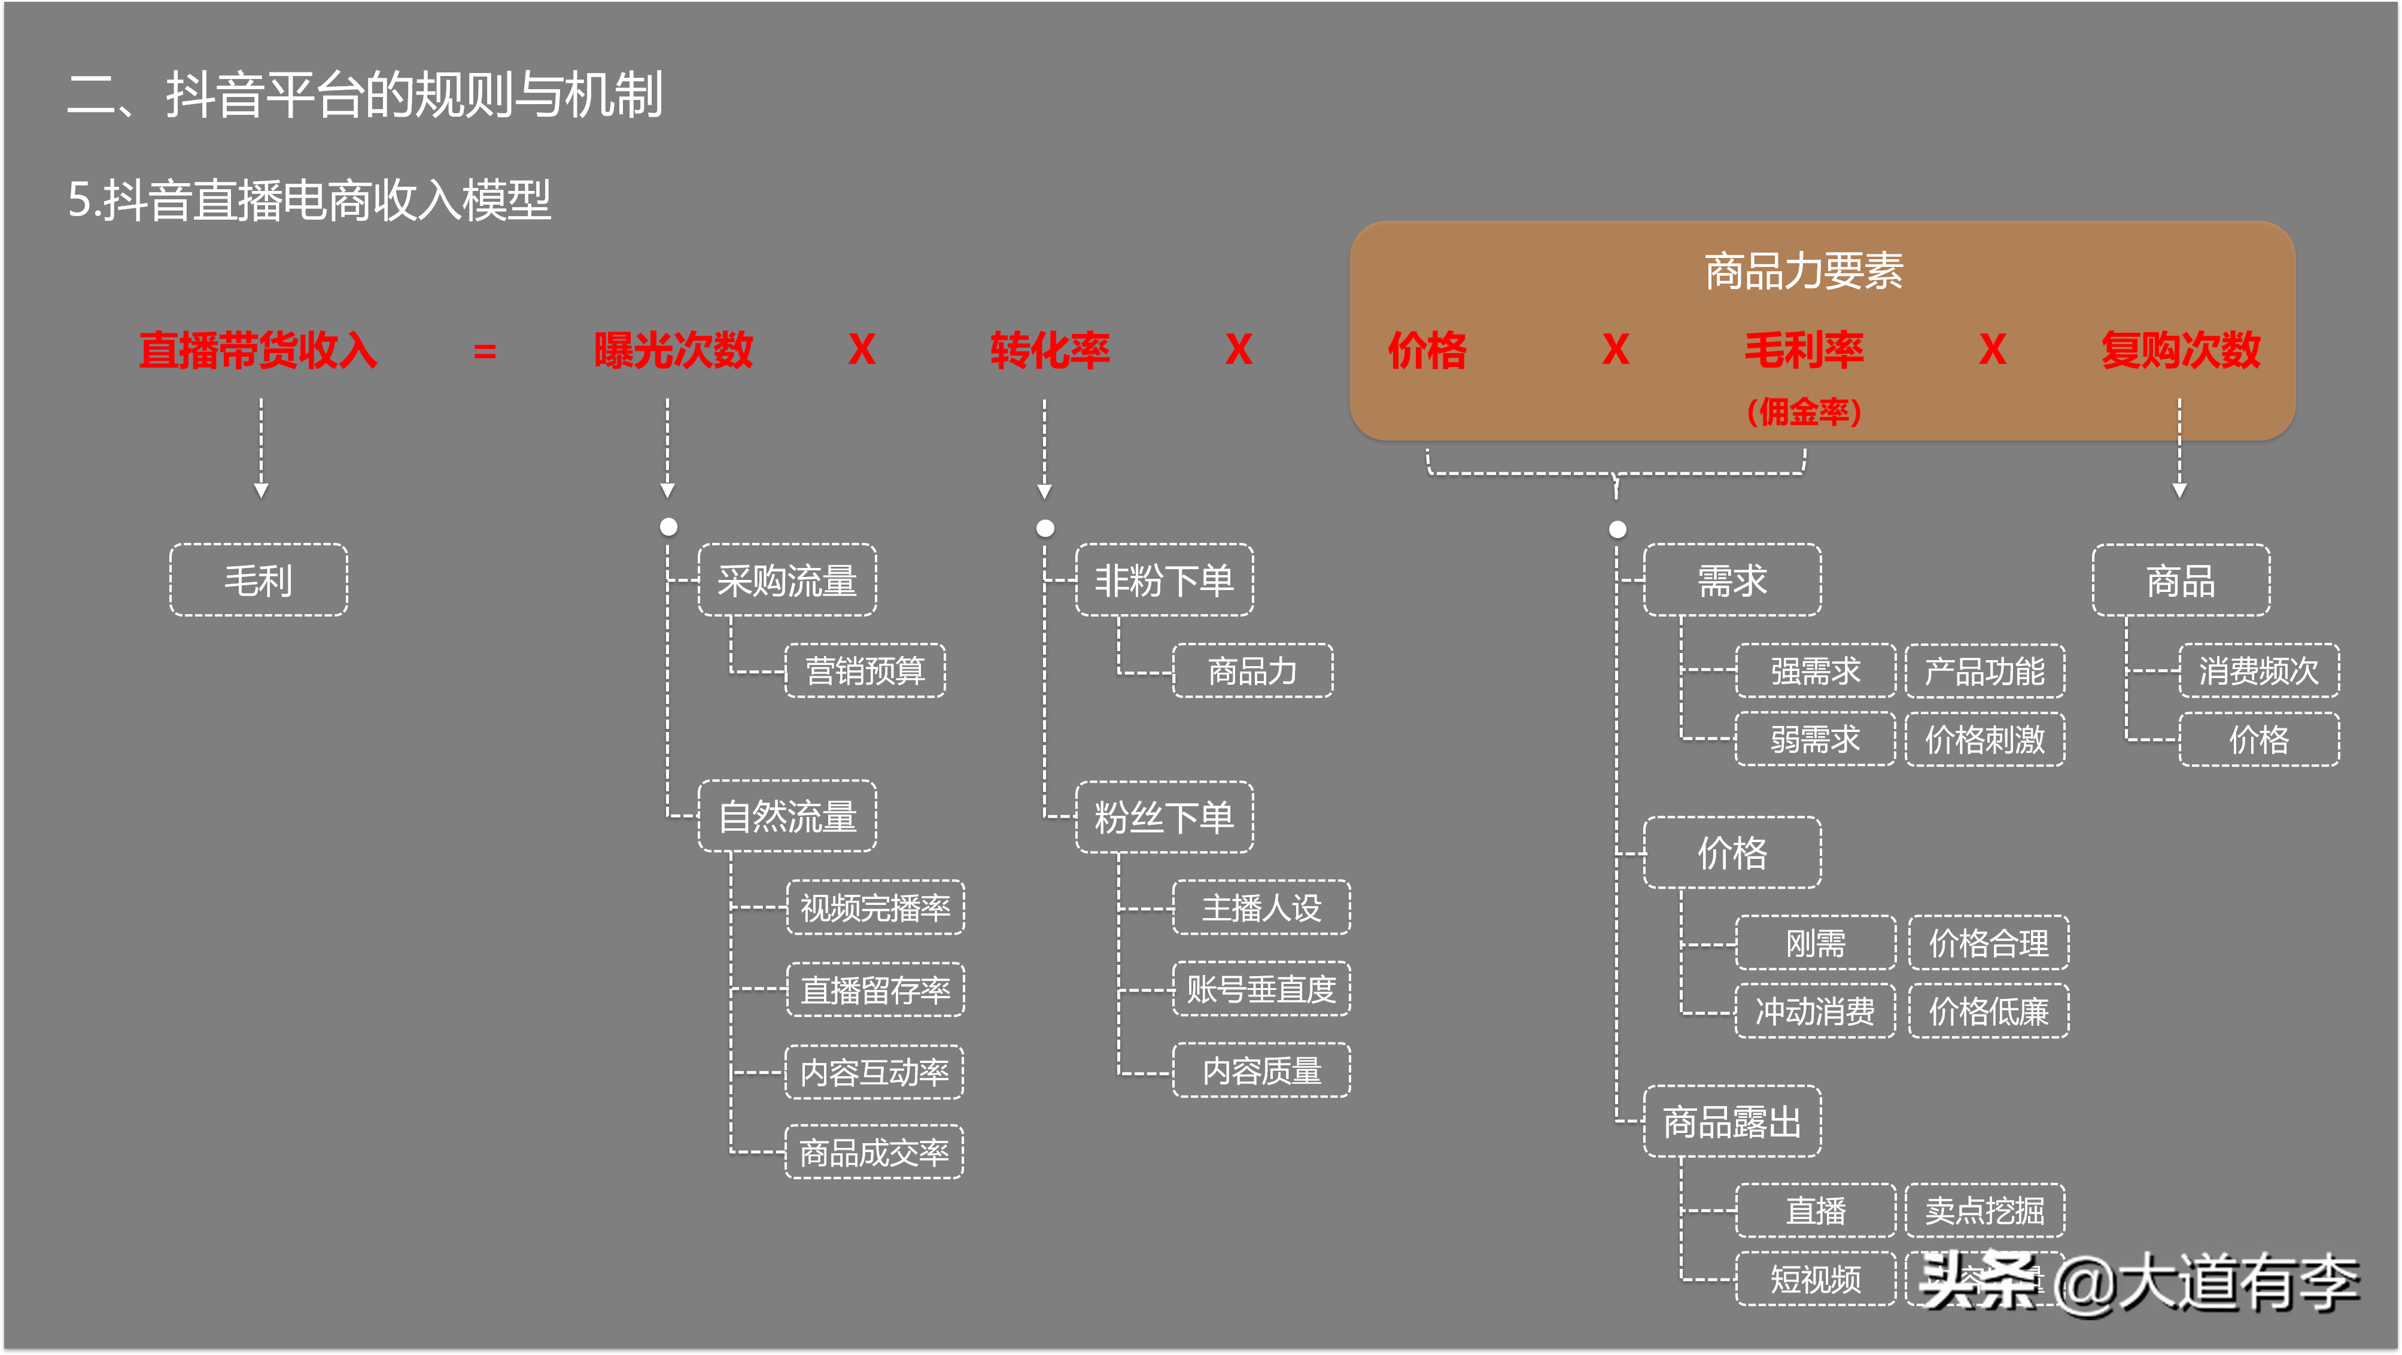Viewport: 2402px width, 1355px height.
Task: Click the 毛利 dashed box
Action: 259,580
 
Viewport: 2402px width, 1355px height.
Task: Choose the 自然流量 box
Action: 787,816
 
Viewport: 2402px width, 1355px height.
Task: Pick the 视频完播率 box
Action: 875,907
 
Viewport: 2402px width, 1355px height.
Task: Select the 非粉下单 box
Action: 1164,580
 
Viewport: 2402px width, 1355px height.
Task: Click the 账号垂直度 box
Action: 1261,989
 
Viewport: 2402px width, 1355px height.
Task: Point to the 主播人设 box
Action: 1261,907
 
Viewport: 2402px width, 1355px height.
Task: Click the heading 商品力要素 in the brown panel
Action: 1804,271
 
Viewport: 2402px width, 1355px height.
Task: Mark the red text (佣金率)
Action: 1804,411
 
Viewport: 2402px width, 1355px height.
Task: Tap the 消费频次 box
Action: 2258,670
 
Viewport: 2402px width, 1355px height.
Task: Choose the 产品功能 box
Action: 1984,670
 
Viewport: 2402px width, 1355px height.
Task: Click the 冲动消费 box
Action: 1814,1011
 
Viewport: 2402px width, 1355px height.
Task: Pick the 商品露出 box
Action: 1732,1121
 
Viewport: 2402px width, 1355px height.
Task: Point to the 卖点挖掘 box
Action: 1984,1210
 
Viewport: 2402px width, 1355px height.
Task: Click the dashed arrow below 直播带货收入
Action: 261,448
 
